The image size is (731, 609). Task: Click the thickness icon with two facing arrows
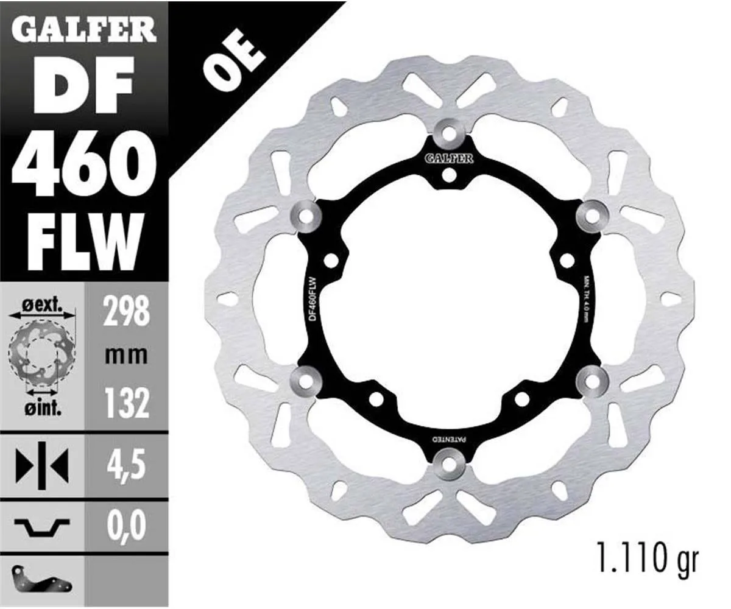click(41, 466)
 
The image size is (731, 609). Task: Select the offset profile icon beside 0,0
click(41, 527)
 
